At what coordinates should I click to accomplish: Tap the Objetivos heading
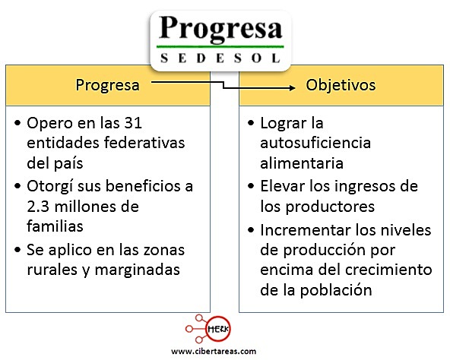(x=341, y=85)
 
